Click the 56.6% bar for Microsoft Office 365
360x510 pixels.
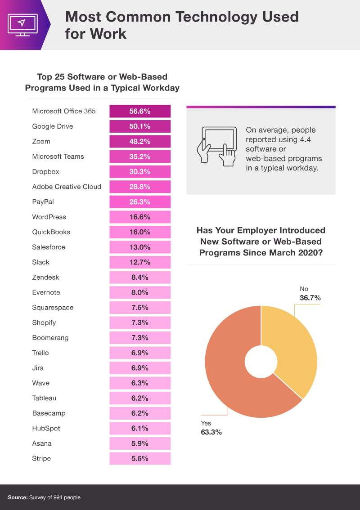point(140,111)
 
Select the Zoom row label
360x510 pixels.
point(41,141)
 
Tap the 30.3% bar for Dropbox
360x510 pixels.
point(140,171)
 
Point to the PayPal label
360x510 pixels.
point(43,201)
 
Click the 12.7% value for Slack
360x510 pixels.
point(140,262)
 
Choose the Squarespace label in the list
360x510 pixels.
point(53,308)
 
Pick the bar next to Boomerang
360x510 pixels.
point(140,338)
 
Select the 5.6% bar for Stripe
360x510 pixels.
point(140,458)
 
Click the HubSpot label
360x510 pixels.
point(46,428)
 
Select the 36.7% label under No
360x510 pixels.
point(310,297)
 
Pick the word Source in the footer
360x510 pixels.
point(18,497)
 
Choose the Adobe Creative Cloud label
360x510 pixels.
point(67,187)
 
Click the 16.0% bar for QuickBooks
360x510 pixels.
point(140,232)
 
